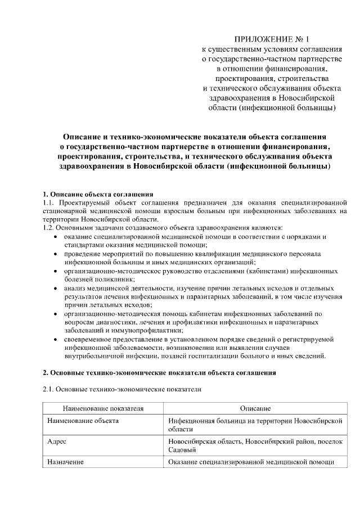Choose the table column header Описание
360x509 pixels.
pyautogui.click(x=255, y=408)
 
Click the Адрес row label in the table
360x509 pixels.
pyautogui.click(x=57, y=442)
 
